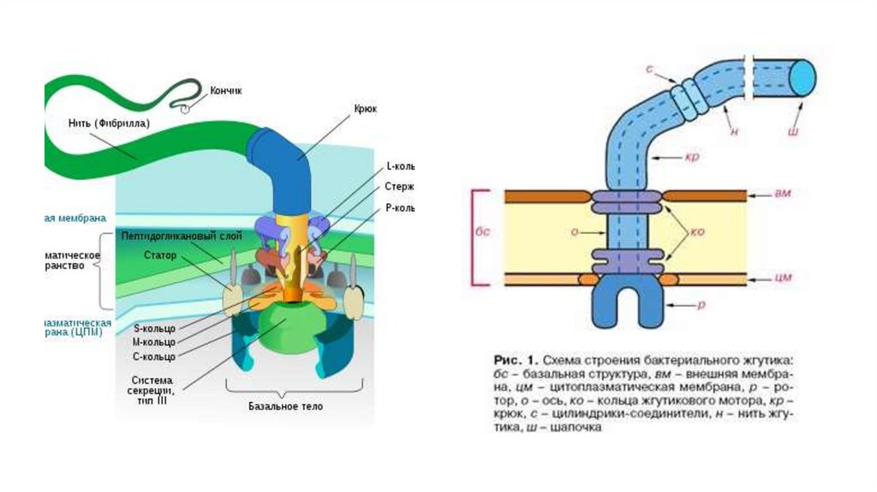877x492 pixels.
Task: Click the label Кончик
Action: coord(226,90)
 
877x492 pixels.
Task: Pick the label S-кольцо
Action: coord(154,327)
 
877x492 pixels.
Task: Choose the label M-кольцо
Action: coord(154,341)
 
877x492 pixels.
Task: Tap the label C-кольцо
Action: coord(154,356)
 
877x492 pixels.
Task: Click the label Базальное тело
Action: coord(286,406)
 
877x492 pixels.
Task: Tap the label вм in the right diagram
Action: coord(783,194)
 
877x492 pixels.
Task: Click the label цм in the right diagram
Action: coord(783,278)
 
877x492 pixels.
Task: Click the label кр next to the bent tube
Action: coord(693,158)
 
